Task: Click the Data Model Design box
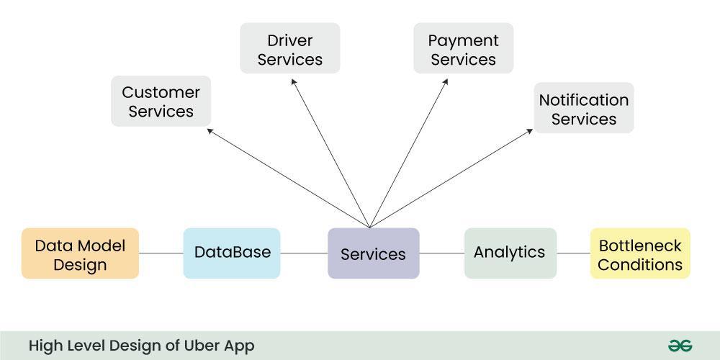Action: [80, 254]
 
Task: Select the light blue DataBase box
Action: [232, 253]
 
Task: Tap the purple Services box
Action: [373, 253]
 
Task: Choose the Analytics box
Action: [510, 253]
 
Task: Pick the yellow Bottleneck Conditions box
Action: [640, 254]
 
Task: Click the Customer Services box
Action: [161, 102]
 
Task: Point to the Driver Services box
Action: [289, 49]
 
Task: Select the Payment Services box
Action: [463, 49]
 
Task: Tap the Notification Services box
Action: [584, 109]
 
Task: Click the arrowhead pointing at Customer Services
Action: [210, 130]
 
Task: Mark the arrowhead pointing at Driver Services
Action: [293, 81]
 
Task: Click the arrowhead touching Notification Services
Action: [530, 131]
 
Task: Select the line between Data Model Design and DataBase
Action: [161, 253]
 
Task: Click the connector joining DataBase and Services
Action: [304, 253]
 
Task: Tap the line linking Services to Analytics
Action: [441, 253]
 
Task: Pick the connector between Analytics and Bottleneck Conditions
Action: [573, 253]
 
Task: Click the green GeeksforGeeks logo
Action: [680, 346]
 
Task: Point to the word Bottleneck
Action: [640, 246]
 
